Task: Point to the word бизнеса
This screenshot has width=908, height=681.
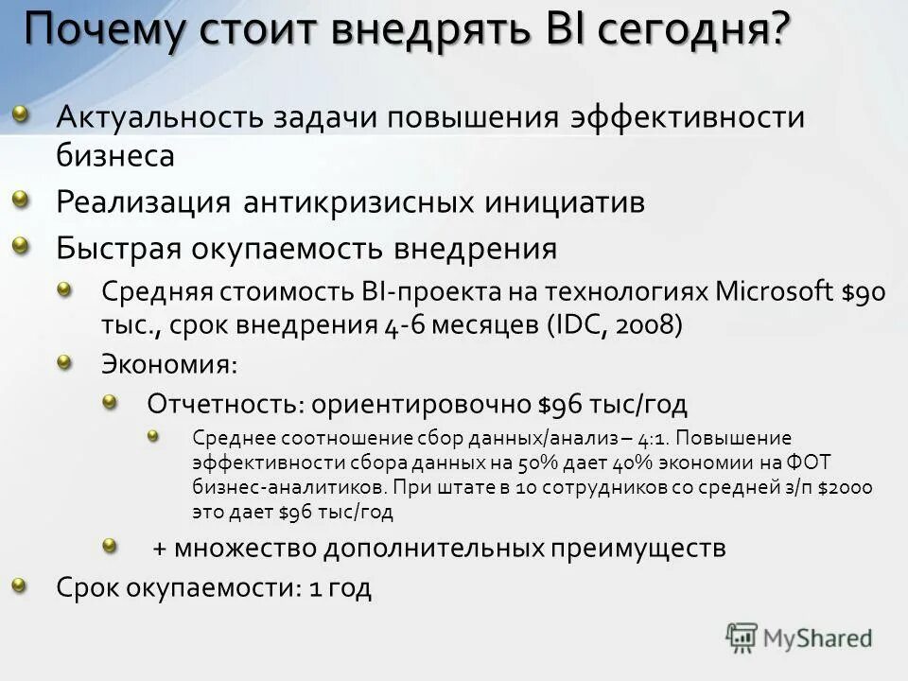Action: pos(114,155)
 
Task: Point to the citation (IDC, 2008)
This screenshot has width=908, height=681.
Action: pos(613,323)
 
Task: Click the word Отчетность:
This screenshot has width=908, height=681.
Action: pos(224,404)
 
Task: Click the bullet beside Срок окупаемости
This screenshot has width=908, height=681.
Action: pos(21,585)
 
